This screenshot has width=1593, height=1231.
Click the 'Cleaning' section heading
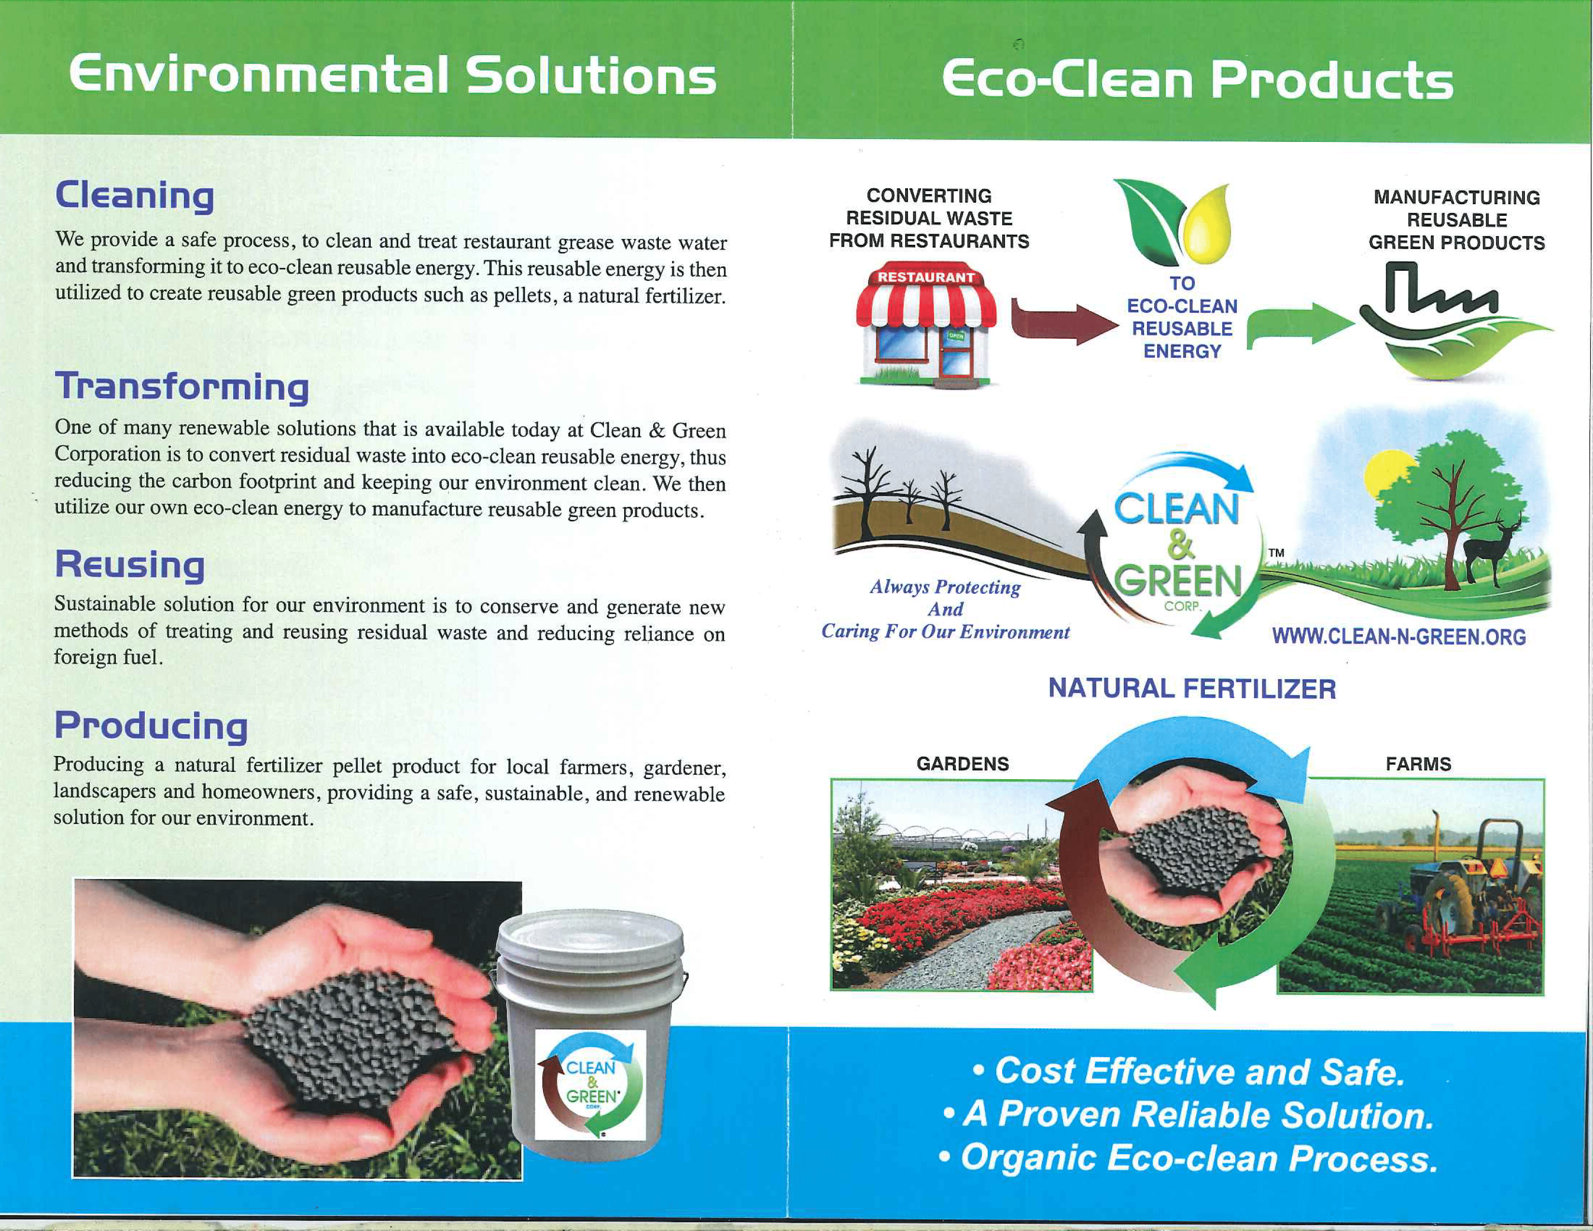tap(135, 196)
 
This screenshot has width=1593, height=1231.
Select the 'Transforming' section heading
tap(182, 387)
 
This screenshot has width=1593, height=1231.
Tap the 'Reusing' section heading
tap(130, 565)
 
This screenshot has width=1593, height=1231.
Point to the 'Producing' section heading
tap(151, 726)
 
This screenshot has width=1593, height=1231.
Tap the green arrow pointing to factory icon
tap(1300, 324)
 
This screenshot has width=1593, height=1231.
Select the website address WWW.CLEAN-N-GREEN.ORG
tap(1399, 637)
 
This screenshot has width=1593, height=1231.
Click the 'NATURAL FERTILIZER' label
tap(1192, 688)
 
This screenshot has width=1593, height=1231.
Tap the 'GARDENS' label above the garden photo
tap(963, 764)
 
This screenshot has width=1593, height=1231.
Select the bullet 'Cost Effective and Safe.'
tap(1189, 1071)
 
